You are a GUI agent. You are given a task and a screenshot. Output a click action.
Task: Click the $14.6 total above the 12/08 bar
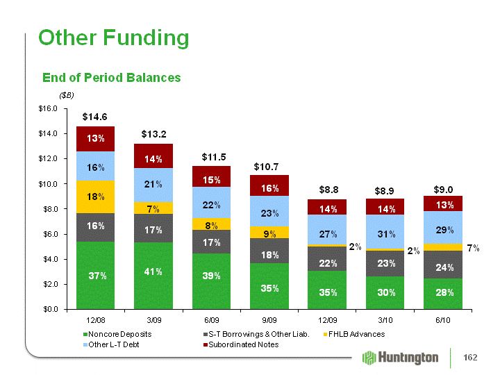tap(94, 117)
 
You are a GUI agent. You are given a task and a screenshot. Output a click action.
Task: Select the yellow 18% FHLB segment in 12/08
tap(95, 197)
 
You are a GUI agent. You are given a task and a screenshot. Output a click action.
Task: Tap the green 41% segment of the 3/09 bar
tap(153, 276)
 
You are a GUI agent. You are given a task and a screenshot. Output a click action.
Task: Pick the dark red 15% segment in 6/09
tap(211, 176)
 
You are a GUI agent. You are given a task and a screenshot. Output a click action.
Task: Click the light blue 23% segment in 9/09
tap(269, 211)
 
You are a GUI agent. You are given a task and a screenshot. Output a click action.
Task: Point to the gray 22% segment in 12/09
tap(327, 258)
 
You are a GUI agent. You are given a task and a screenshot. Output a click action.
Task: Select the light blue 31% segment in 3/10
tap(385, 231)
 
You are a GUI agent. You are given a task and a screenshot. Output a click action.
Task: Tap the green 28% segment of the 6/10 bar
tap(443, 294)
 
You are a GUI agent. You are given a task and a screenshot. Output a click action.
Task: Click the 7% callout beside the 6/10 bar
tap(473, 248)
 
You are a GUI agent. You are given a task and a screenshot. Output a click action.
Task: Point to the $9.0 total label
tap(443, 190)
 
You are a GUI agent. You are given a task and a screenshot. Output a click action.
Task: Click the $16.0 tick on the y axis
tap(48, 109)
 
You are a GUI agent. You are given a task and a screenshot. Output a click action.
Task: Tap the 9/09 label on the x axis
tap(269, 320)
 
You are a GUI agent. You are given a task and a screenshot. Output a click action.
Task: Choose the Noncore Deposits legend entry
tap(117, 334)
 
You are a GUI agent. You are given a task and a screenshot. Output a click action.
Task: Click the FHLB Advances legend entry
tap(354, 334)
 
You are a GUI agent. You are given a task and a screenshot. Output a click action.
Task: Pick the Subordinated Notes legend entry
tap(241, 344)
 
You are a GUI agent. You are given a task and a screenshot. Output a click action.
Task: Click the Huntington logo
tap(400, 358)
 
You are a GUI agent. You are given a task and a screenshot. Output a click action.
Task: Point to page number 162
tap(470, 358)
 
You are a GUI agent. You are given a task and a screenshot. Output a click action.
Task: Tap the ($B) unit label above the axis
tap(67, 95)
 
